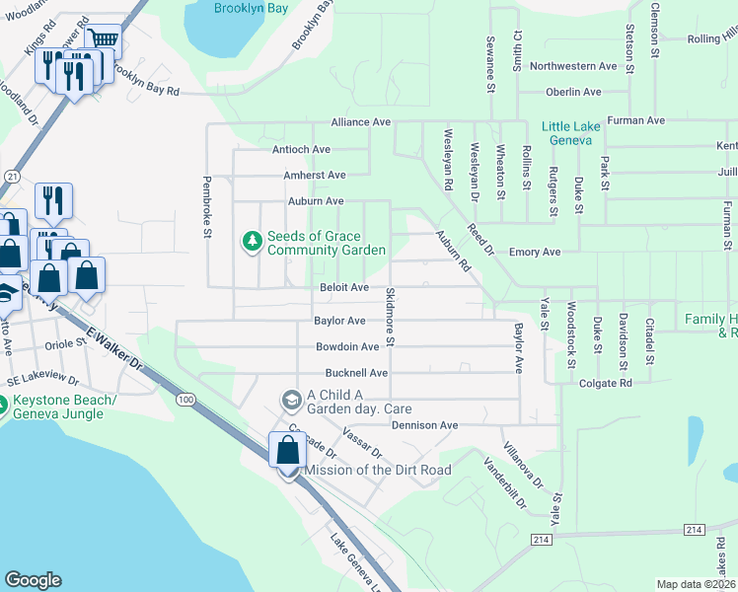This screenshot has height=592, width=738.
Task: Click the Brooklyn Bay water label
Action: tap(252, 7)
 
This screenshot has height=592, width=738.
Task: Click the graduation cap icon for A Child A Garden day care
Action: tap(290, 400)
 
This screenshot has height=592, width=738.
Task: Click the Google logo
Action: tap(33, 580)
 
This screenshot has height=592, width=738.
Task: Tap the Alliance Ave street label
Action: tap(361, 122)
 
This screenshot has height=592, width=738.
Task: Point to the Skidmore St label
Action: tap(390, 318)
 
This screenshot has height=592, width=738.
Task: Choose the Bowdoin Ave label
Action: tap(347, 347)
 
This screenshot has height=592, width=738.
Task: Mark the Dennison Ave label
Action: tap(425, 425)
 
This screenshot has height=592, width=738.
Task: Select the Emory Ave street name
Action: tap(535, 253)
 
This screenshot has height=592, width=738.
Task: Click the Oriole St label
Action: tap(67, 345)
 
